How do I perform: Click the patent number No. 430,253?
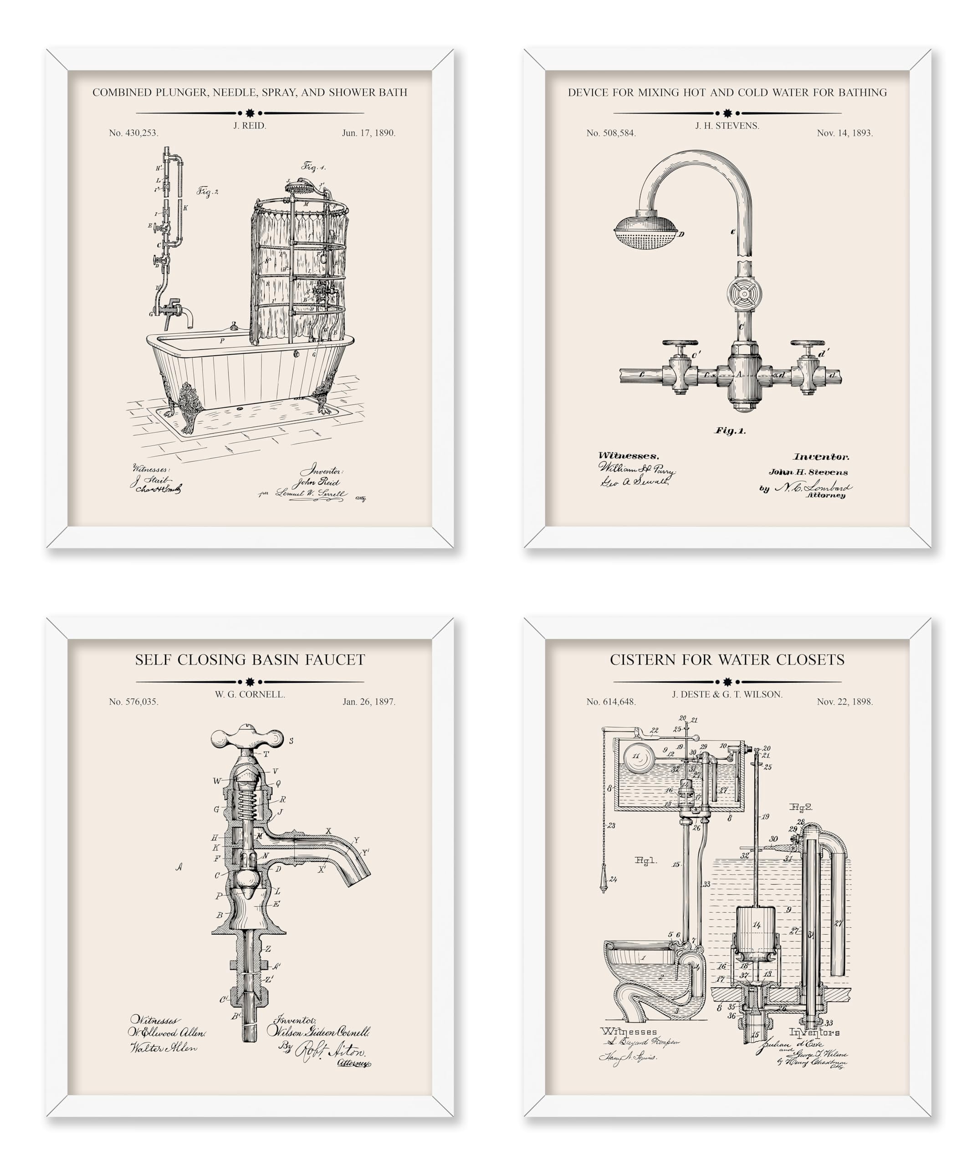tap(133, 133)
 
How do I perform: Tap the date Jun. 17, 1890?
tap(368, 133)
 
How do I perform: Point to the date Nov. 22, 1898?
tap(844, 702)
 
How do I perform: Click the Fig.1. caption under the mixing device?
tap(729, 430)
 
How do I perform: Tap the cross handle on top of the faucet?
tap(247, 738)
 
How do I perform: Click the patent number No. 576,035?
tap(133, 702)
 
